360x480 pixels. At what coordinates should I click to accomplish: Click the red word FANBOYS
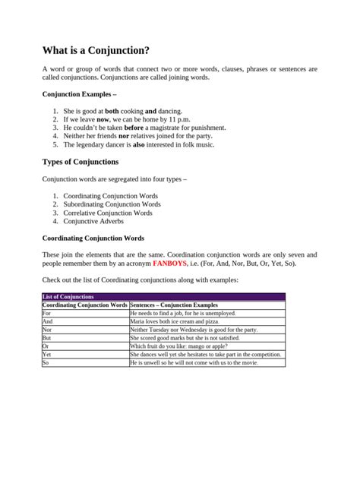click(171, 264)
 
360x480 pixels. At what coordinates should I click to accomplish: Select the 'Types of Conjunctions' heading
click(80, 161)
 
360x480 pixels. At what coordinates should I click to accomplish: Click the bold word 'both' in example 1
click(112, 111)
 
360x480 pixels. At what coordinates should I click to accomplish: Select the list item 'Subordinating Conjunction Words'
click(112, 204)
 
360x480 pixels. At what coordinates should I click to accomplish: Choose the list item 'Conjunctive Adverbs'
click(93, 221)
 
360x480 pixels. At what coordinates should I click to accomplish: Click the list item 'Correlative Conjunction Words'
click(108, 213)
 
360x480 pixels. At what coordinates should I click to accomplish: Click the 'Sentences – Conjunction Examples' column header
click(174, 305)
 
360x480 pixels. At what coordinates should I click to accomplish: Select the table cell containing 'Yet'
click(47, 354)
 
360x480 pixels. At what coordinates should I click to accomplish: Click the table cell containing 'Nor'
click(47, 330)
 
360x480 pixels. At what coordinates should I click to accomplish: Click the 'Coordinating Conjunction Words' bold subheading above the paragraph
click(93, 238)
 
